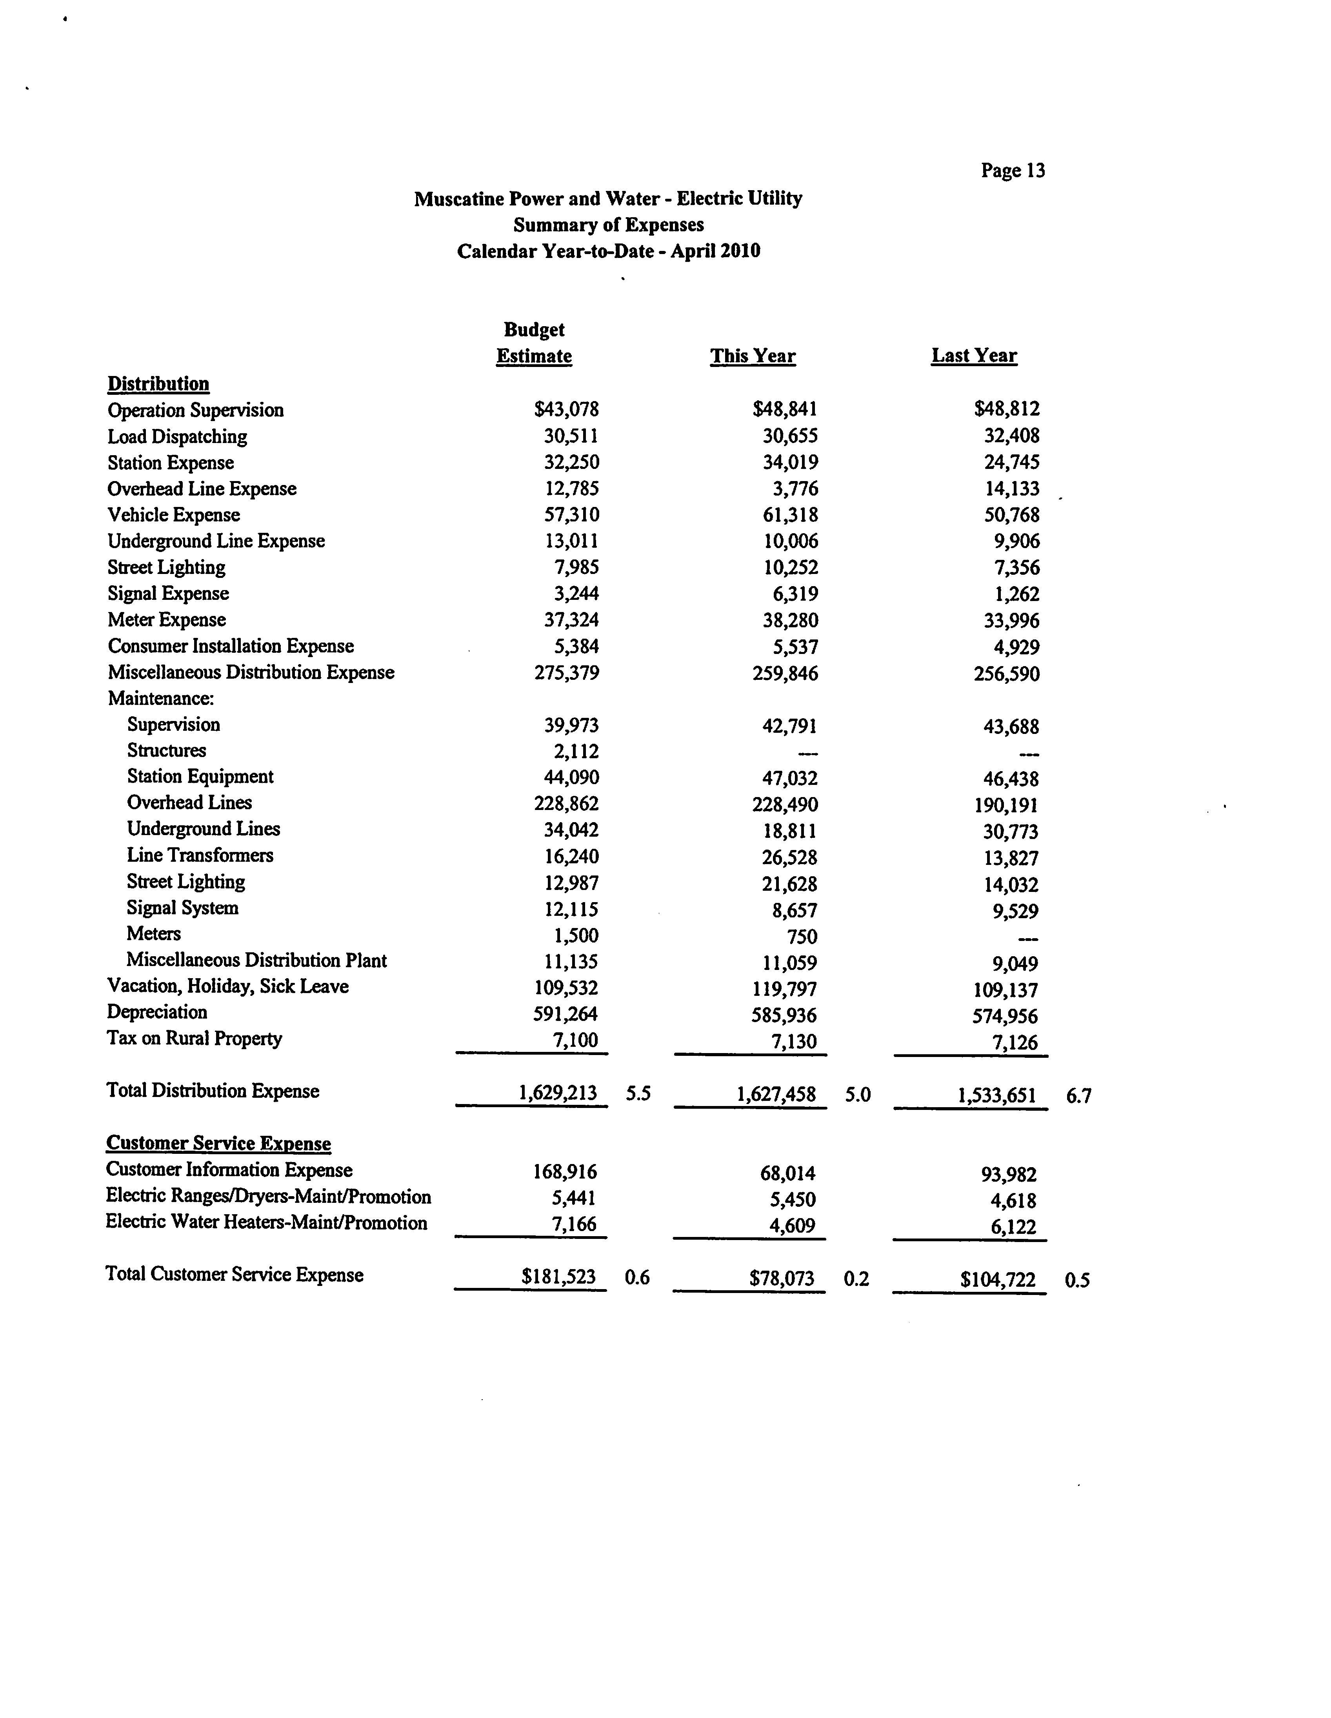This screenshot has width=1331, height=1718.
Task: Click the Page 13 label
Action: click(1013, 171)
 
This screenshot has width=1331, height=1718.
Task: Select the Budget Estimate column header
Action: click(534, 343)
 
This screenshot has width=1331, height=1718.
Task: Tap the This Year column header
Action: click(753, 356)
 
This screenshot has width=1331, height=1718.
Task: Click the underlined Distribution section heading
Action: click(158, 384)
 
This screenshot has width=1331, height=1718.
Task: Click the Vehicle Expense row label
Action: click(174, 515)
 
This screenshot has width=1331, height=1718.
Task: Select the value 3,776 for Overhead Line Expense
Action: click(795, 489)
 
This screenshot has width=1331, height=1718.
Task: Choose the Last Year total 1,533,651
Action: click(996, 1095)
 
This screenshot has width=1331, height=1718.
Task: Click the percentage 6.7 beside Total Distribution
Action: click(1078, 1096)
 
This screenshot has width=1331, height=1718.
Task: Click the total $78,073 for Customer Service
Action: click(782, 1278)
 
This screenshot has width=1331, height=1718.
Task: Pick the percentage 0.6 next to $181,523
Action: click(637, 1277)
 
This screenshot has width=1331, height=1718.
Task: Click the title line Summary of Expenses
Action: click(608, 225)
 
